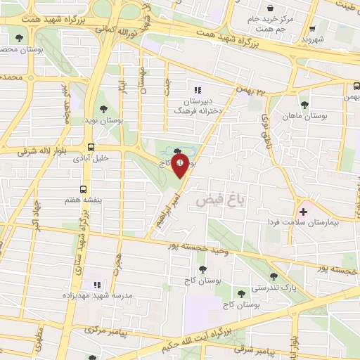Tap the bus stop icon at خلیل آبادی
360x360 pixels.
91,148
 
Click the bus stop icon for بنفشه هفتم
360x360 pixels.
84,189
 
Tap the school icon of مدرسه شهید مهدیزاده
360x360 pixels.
98,285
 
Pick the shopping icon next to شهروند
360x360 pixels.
311,30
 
